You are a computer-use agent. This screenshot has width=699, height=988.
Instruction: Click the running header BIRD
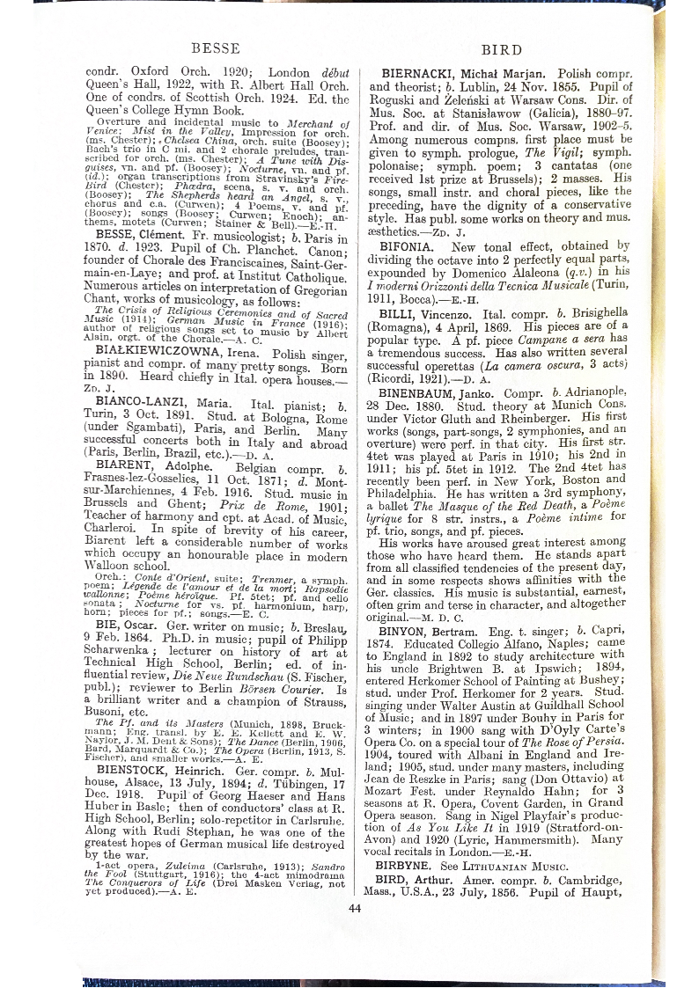click(x=503, y=49)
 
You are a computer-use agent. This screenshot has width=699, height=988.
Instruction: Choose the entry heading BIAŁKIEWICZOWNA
click(x=168, y=351)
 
